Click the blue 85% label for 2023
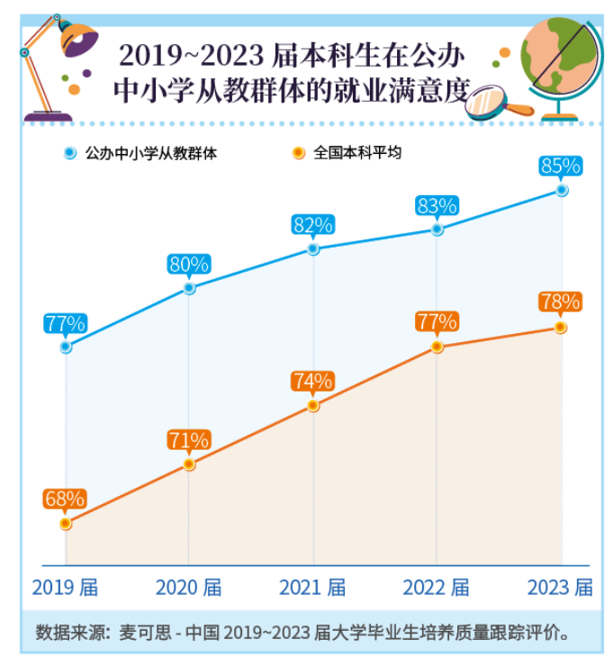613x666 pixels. click(561, 166)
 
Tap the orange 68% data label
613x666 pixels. click(65, 499)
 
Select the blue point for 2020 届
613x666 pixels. click(189, 288)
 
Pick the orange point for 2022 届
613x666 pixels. click(437, 346)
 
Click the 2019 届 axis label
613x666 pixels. click(65, 588)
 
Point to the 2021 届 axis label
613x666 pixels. click(312, 588)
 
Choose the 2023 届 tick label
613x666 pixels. click(560, 588)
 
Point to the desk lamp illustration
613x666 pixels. click(59, 67)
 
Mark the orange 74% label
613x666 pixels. click(312, 382)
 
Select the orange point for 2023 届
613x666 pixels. click(560, 328)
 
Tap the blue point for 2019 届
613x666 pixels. click(66, 346)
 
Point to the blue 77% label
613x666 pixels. click(65, 323)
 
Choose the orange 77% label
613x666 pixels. click(437, 321)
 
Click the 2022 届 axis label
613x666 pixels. click(436, 588)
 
